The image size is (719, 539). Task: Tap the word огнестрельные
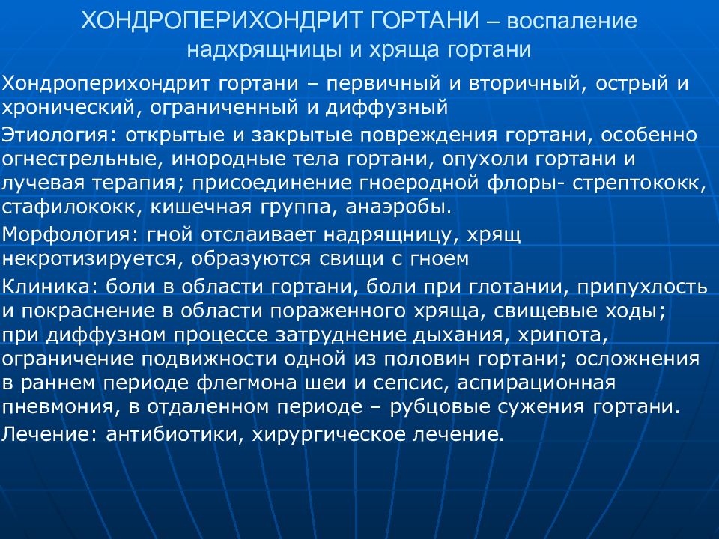82,159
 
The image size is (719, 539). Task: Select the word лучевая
40,183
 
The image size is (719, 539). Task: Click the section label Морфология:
67,235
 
